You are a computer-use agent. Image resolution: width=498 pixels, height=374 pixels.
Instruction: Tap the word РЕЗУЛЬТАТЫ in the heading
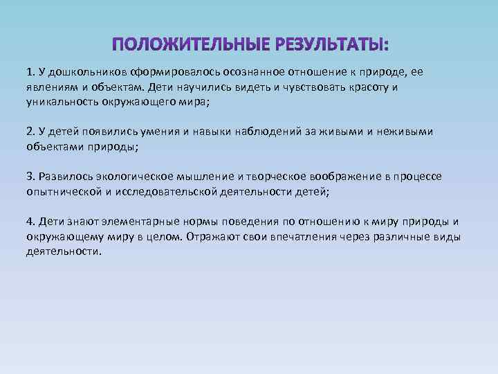tap(331, 46)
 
